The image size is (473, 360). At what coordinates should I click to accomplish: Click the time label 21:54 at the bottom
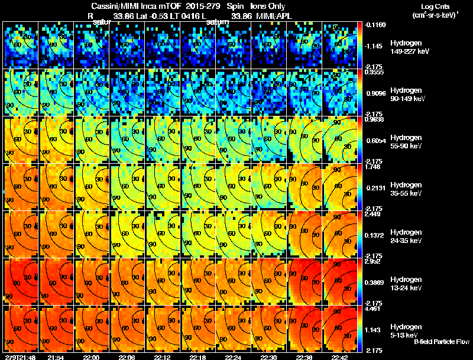[55, 357]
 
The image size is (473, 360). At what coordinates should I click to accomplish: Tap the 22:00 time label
[90, 357]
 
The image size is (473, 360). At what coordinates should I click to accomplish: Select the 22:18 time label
[197, 357]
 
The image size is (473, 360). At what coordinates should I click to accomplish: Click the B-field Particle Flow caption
[441, 342]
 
